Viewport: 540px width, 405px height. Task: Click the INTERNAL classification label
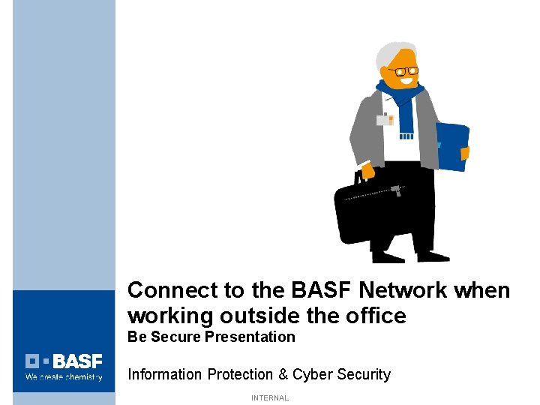click(270, 398)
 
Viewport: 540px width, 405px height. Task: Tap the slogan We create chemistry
click(64, 377)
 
